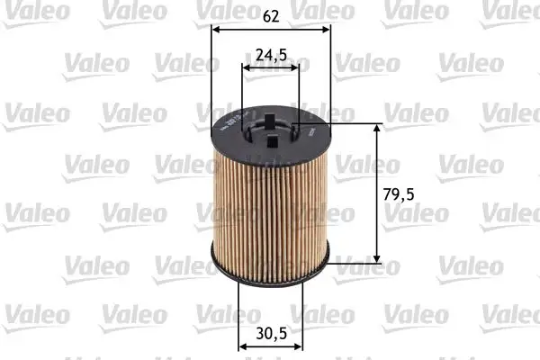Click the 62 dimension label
270,14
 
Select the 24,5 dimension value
270,55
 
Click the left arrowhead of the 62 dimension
214,28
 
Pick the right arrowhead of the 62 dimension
326,28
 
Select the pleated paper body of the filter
270,207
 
